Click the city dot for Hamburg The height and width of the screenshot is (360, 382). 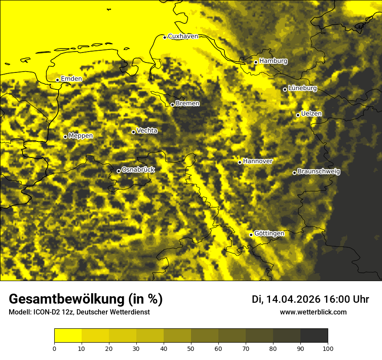click(256, 62)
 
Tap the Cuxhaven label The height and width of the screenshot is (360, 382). click(183, 36)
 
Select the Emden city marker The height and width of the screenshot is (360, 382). click(57, 80)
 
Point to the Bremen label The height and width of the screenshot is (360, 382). click(188, 104)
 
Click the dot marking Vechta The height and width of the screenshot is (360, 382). click(133, 132)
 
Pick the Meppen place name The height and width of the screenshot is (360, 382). click(81, 136)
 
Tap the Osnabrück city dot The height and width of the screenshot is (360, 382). click(119, 171)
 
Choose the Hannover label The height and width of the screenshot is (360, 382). click(258, 161)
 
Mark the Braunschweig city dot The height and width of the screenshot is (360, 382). click(294, 173)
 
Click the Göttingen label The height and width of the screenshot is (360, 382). click(269, 234)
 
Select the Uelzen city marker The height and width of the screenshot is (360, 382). click(298, 115)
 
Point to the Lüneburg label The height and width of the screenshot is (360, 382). click(303, 88)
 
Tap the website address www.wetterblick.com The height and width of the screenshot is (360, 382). click(313, 312)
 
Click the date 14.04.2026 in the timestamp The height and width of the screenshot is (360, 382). click(293, 299)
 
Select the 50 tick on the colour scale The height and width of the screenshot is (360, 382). click(191, 348)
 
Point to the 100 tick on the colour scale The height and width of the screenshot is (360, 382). click(328, 348)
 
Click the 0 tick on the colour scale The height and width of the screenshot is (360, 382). click(54, 348)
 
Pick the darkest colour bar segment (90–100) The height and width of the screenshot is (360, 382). click(314, 336)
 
